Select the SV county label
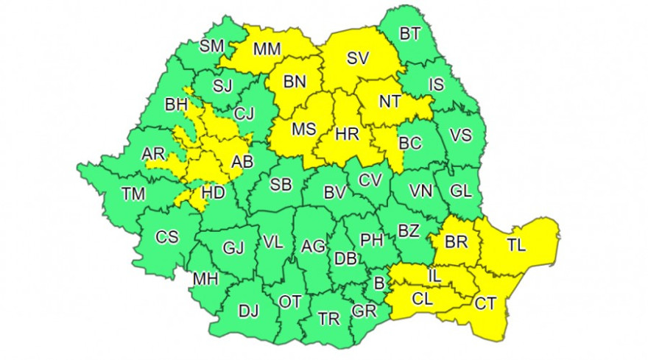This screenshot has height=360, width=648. tap(358, 57)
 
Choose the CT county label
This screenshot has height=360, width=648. tap(485, 303)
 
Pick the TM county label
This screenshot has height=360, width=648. tap(133, 194)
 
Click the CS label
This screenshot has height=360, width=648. tap(166, 237)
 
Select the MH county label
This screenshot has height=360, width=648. tap(204, 280)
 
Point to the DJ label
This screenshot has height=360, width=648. tap(248, 311)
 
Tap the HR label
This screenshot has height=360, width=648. tap(346, 135)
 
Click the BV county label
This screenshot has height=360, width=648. tap(335, 193)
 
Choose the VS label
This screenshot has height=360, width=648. tap(460, 135)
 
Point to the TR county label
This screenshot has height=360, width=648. tap(328, 318)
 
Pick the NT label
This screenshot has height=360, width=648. tap(390, 102)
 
